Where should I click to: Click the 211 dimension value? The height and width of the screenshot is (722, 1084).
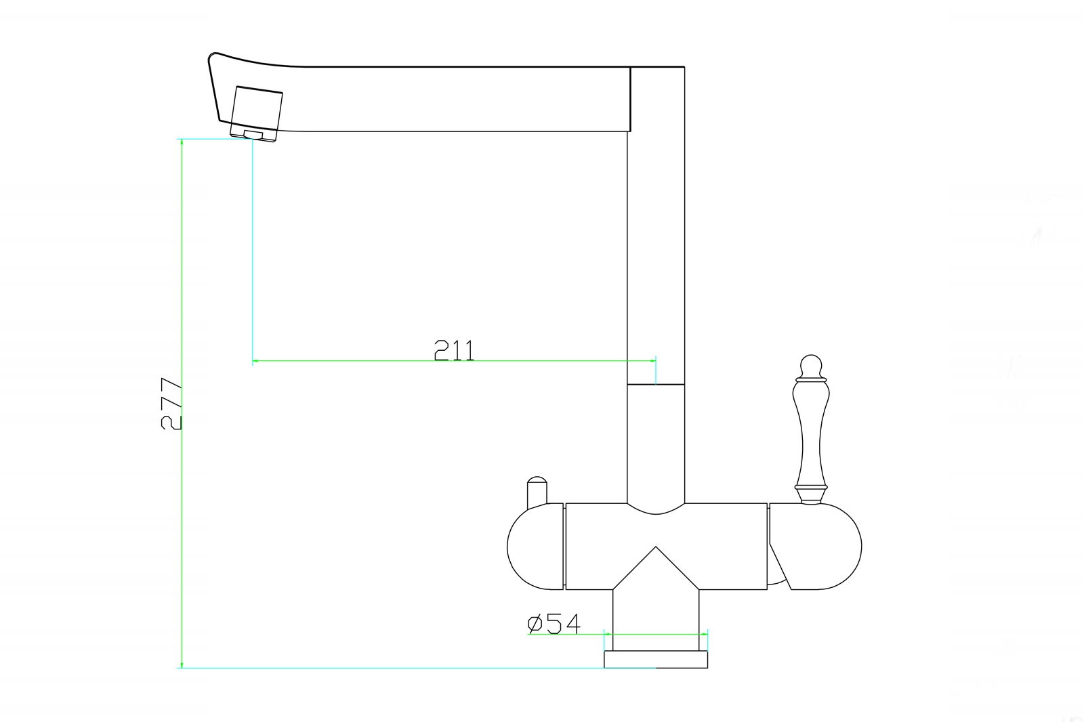click(x=454, y=350)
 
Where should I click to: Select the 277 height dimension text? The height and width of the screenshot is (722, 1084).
click(x=171, y=404)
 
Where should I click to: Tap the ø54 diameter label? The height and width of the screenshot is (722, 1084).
click(x=554, y=624)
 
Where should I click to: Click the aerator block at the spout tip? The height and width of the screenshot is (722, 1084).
click(x=255, y=114)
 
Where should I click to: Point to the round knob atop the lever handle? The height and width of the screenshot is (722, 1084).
click(x=811, y=365)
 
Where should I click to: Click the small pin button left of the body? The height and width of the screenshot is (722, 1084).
click(x=537, y=492)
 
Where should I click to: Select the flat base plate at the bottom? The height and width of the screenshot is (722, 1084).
click(x=656, y=660)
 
